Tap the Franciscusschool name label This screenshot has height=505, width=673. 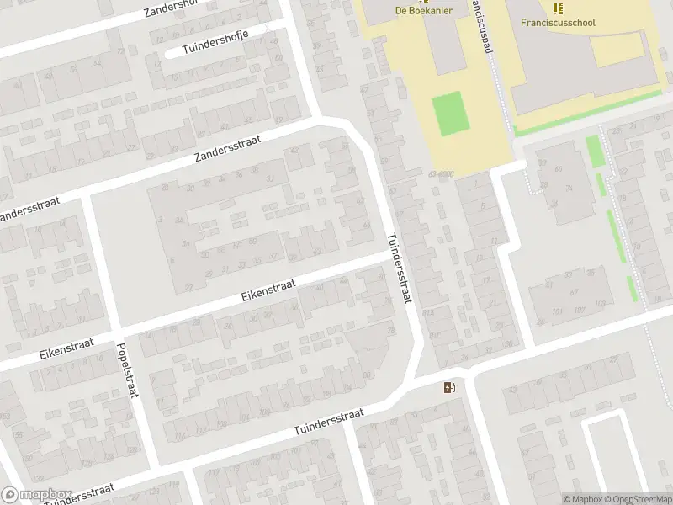(x=559, y=22)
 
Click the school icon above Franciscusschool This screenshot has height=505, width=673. (x=558, y=8)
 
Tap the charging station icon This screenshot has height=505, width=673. (x=450, y=388)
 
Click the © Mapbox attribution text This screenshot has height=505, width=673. (x=582, y=499)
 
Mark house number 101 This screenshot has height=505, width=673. (x=556, y=311)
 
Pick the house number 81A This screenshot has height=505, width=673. (x=429, y=313)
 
